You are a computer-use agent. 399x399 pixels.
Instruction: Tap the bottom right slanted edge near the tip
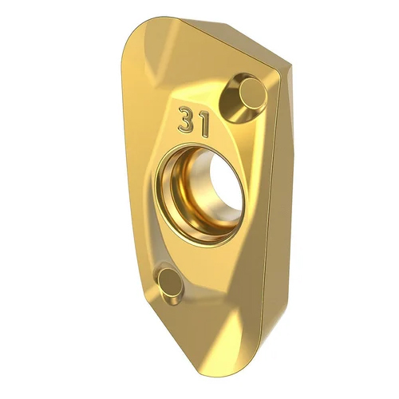[263, 335]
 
